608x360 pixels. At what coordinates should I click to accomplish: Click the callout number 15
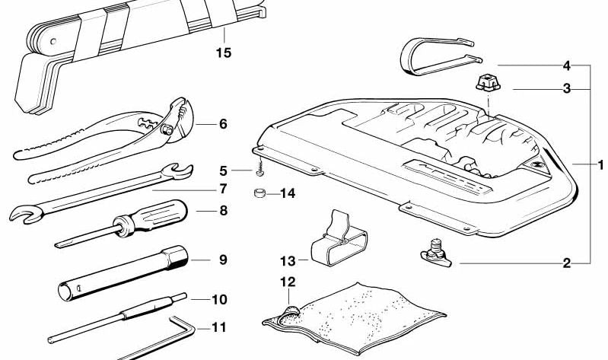click(x=224, y=53)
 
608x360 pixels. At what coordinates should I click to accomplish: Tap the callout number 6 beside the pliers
click(x=223, y=124)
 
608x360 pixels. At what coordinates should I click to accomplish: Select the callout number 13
click(x=288, y=261)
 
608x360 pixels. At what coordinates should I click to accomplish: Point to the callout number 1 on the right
click(x=600, y=165)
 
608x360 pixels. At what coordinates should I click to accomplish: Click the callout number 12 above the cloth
click(x=288, y=282)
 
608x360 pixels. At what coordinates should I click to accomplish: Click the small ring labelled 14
click(x=259, y=193)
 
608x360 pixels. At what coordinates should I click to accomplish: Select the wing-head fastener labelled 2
click(x=436, y=255)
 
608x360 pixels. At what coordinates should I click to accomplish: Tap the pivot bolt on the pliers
click(x=168, y=129)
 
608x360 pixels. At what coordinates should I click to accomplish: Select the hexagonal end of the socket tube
click(x=177, y=257)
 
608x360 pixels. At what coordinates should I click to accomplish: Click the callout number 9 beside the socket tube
click(x=223, y=260)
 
